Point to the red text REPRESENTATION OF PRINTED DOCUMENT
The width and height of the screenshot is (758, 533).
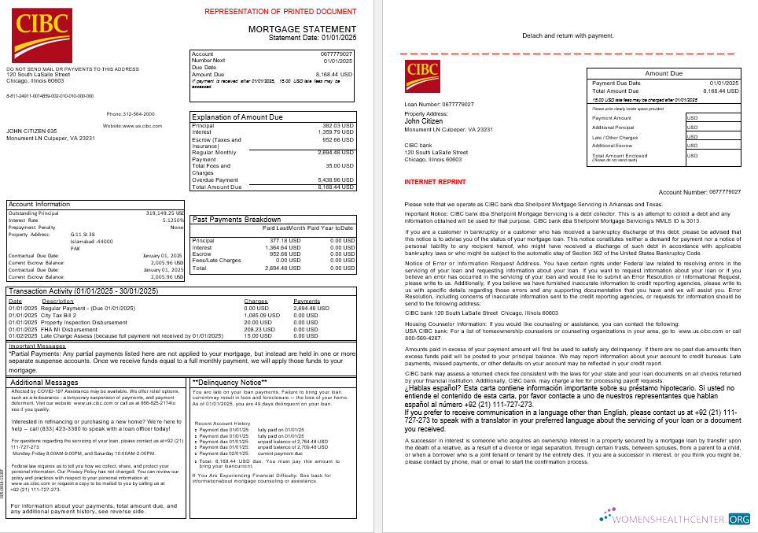click(281, 12)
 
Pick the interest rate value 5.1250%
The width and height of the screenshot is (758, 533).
click(171, 220)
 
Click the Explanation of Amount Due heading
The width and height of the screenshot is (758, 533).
click(237, 117)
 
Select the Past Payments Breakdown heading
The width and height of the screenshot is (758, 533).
click(237, 220)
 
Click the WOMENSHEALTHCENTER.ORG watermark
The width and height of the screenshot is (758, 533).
click(674, 519)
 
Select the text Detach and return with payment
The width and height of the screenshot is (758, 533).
click(567, 35)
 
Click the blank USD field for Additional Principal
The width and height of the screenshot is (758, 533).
click(712, 127)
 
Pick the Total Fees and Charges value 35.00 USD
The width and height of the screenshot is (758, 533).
click(339, 166)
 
